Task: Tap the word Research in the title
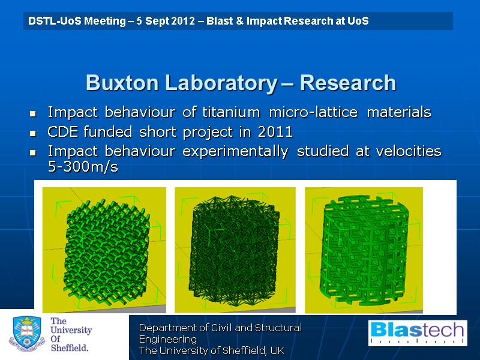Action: [348, 83]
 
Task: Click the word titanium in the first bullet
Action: [231, 112]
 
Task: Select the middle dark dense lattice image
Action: [235, 250]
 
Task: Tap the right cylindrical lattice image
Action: [364, 250]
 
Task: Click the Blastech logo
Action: [418, 333]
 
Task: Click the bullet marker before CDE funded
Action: [33, 133]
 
